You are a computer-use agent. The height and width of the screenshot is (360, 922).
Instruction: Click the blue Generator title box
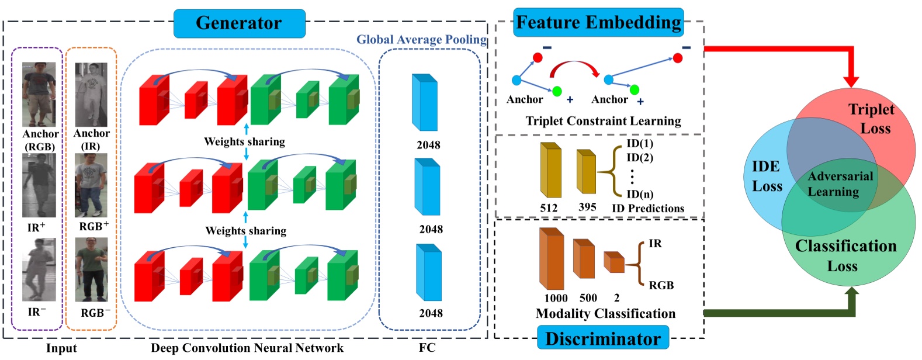[239, 23]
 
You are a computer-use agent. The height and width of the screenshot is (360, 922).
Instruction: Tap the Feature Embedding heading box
[598, 23]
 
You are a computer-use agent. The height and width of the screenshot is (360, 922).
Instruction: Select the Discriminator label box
[602, 339]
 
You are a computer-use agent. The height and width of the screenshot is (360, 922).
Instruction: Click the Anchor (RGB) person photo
[39, 94]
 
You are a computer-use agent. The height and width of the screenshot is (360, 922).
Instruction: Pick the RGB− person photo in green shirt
[91, 269]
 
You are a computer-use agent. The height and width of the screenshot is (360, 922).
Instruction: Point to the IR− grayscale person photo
[39, 269]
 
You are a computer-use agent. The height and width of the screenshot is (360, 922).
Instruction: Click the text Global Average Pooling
[421, 40]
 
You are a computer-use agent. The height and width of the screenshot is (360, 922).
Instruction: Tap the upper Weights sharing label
[244, 141]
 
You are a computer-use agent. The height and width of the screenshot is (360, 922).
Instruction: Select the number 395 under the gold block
[587, 207]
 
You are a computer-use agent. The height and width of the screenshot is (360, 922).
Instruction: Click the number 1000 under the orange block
[556, 298]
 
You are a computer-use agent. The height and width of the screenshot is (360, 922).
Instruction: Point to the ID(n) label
[640, 194]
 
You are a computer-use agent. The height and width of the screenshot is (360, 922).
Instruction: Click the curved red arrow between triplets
[575, 68]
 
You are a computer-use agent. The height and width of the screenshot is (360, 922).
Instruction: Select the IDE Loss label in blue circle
[766, 176]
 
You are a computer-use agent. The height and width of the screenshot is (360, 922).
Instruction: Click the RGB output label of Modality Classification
[661, 285]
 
